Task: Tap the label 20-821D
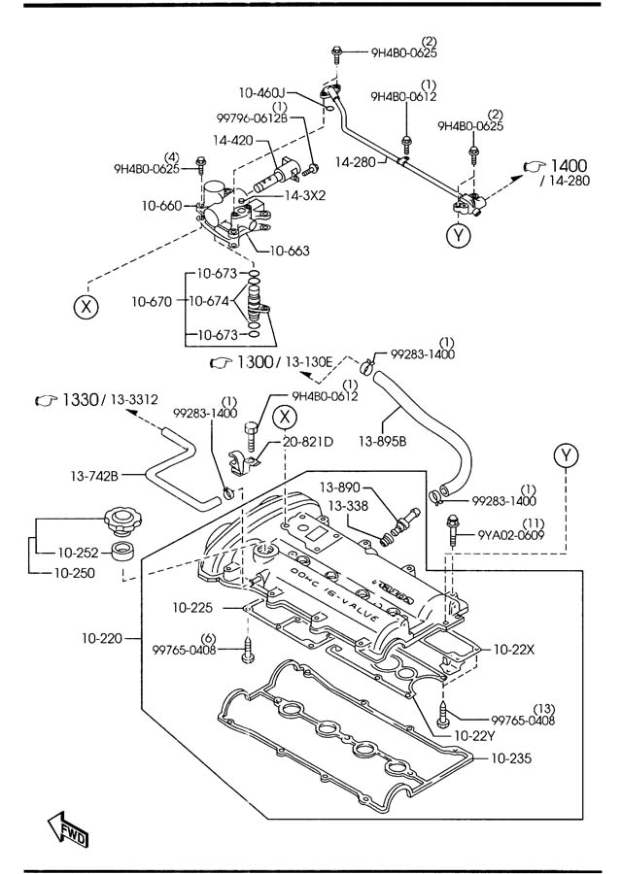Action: (308, 442)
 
